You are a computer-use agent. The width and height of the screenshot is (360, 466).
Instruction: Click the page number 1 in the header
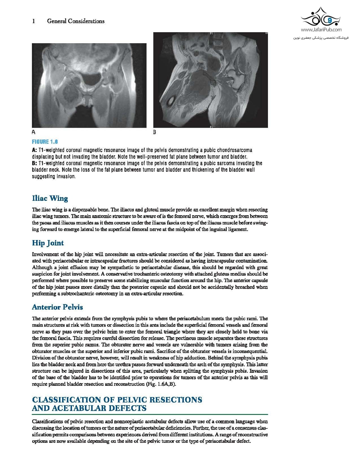[34, 21]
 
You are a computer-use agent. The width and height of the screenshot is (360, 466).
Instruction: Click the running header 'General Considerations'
[76, 21]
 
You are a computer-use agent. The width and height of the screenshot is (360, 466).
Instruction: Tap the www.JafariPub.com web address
[321, 30]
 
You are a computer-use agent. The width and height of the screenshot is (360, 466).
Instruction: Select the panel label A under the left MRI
[34, 132]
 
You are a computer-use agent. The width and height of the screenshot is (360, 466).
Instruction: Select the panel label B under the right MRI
[154, 132]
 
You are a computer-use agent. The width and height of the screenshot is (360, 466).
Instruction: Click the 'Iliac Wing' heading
[50, 198]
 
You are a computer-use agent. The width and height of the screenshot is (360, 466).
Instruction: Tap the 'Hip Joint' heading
[48, 243]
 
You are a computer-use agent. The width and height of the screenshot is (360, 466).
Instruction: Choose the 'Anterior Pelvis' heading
[57, 307]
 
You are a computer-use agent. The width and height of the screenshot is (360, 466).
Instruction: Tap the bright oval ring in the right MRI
[171, 101]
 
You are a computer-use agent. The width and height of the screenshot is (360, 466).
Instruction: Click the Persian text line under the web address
[321, 37]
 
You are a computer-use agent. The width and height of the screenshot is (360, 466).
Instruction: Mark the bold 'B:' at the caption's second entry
[35, 164]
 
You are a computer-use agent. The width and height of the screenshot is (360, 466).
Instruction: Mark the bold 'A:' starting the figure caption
[35, 150]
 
